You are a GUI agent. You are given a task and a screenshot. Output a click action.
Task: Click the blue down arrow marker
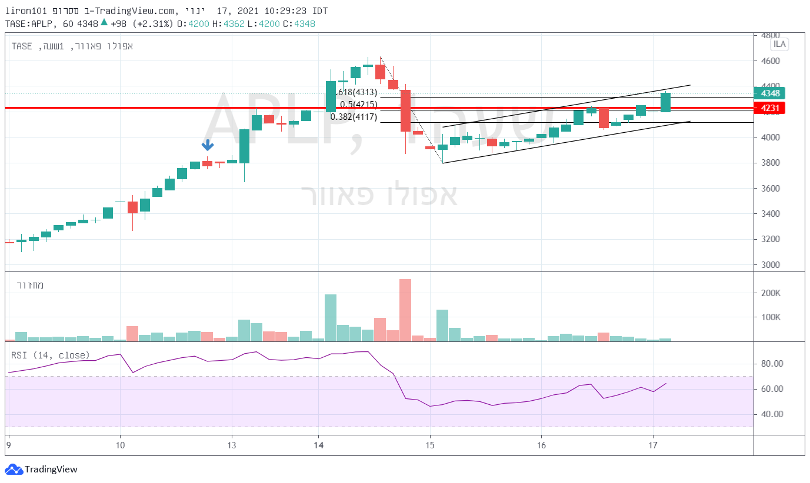(x=208, y=145)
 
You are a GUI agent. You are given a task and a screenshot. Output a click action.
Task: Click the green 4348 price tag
(x=769, y=93)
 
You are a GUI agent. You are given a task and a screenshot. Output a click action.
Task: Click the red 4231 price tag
(x=769, y=108)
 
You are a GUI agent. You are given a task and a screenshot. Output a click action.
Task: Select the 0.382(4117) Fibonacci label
(x=353, y=117)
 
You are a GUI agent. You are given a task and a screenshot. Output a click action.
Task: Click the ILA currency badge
(x=779, y=44)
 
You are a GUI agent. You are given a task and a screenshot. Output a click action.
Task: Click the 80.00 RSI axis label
(x=771, y=364)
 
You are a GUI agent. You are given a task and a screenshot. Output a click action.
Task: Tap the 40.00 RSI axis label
(x=771, y=414)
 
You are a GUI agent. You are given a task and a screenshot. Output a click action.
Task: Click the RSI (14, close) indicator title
(x=51, y=355)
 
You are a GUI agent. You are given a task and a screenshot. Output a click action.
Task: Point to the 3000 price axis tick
(x=769, y=265)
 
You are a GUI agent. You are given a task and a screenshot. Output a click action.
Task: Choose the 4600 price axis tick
(x=769, y=61)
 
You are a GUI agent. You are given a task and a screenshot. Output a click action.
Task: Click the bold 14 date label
(x=318, y=445)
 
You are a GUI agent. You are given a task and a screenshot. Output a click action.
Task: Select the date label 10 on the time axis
(x=120, y=445)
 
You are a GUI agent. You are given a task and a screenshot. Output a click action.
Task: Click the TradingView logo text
(x=51, y=469)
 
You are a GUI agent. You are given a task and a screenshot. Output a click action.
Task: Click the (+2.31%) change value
(x=152, y=24)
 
